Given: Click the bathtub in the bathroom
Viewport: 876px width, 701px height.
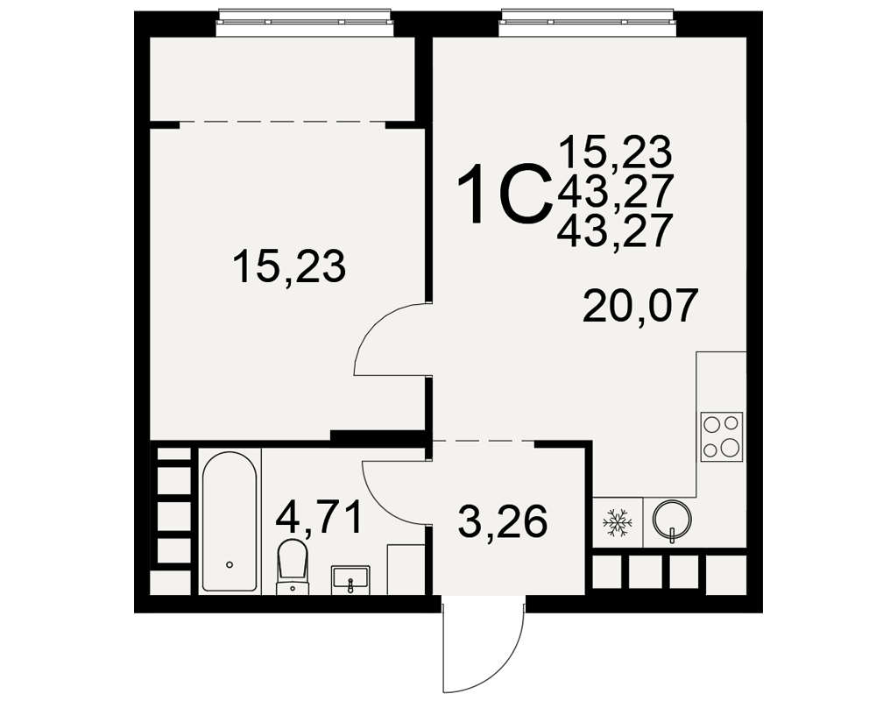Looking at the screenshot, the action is coord(230,521).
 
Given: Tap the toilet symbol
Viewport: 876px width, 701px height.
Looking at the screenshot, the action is coord(293,564).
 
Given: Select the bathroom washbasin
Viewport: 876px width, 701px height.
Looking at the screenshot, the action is coord(350,578).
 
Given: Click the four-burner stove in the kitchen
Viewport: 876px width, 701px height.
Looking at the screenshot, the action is coord(722,436).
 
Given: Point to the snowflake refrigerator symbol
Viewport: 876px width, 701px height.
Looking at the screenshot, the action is coord(618,522).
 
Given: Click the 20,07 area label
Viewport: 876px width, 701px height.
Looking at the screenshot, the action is coord(640,306).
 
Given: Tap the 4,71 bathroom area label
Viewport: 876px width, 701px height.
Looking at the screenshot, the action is coord(319,518).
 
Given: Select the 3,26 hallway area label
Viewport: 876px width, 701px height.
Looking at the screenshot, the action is coord(502,521).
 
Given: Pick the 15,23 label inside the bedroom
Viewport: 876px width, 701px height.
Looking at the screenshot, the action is coord(289,266).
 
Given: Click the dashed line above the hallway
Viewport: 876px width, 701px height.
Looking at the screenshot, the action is coord(484,441).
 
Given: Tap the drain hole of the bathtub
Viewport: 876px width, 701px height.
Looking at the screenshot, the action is coord(230,564).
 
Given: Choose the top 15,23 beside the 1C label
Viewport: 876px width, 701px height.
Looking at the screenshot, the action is coord(615,152).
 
